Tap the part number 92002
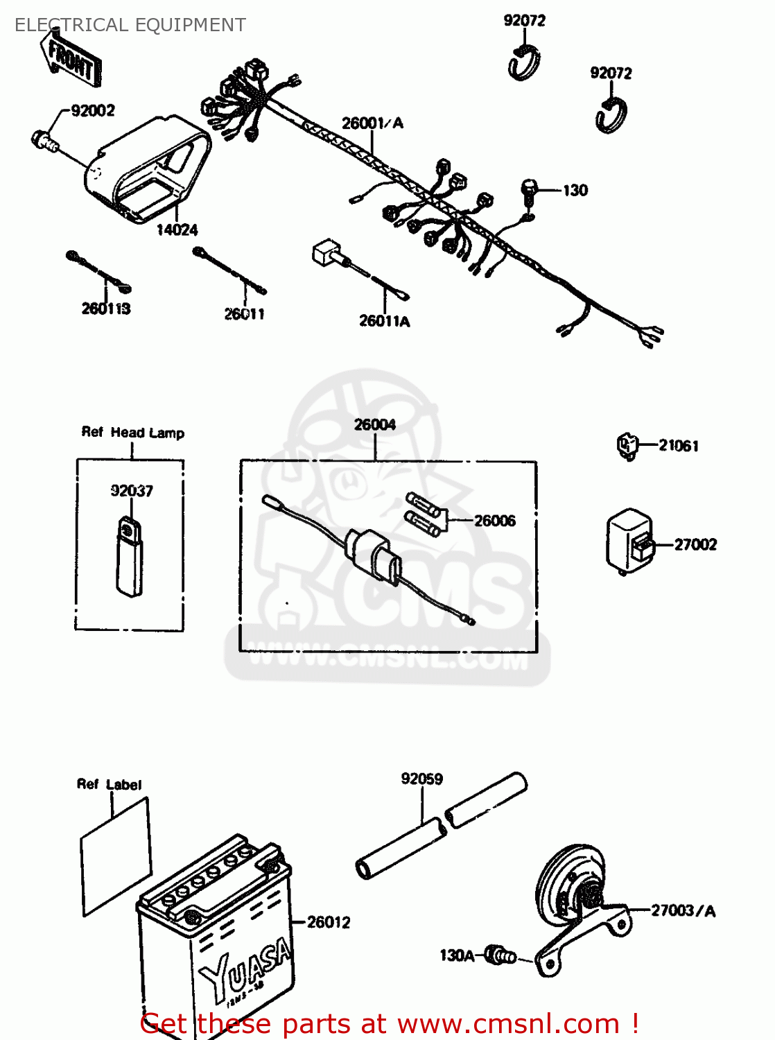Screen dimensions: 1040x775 click(x=93, y=111)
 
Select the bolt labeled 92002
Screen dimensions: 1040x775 click(x=44, y=141)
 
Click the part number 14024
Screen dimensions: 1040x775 click(x=177, y=230)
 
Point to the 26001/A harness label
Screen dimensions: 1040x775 click(x=372, y=123)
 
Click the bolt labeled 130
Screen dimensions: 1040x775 click(x=529, y=190)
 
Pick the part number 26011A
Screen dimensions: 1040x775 click(x=384, y=321)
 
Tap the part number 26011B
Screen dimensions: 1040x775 click(x=106, y=309)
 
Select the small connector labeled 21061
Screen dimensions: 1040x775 click(x=627, y=445)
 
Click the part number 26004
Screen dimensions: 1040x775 click(x=375, y=425)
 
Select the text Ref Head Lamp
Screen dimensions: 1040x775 click(x=133, y=433)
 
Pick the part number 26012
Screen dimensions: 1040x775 click(x=329, y=922)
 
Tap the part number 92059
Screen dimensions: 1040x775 click(x=421, y=779)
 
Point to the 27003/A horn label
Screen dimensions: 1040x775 click(x=683, y=911)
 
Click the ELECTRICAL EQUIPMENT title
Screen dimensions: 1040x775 click(x=130, y=25)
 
